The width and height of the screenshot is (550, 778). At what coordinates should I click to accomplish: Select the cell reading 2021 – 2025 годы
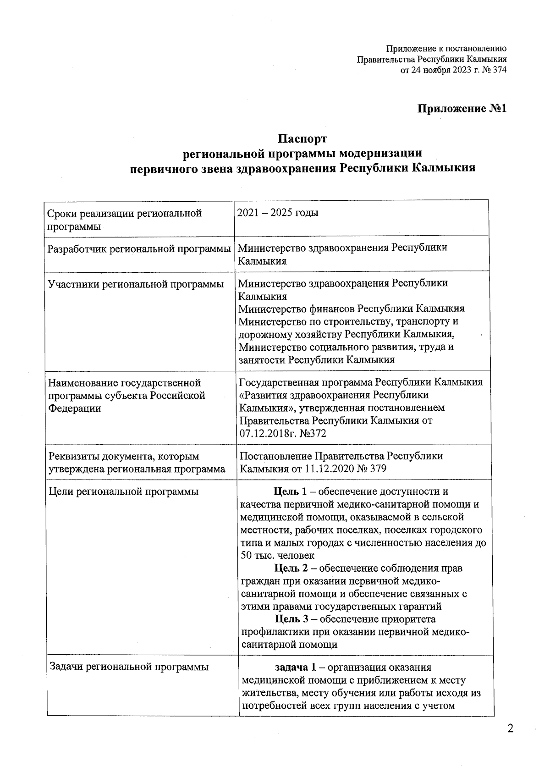tap(278, 213)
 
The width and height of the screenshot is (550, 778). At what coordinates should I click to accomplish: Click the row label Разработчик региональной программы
tap(139, 249)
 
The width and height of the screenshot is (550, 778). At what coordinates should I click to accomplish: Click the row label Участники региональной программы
tap(136, 284)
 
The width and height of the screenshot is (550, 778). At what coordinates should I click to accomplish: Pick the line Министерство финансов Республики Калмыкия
tap(352, 309)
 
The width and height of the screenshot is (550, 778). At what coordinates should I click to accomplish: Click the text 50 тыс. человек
tap(277, 556)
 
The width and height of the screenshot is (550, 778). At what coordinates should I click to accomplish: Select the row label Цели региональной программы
tap(124, 492)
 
